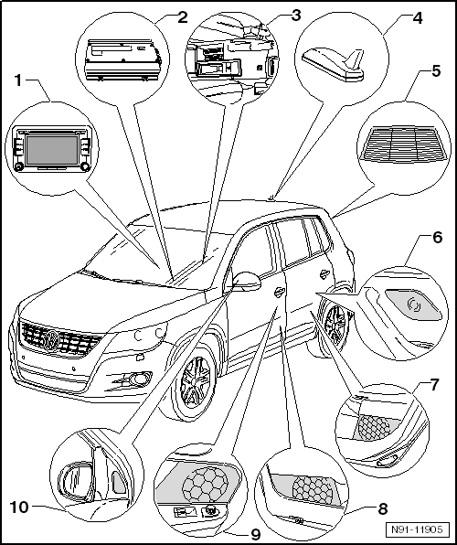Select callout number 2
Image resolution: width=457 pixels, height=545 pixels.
(x=157, y=16)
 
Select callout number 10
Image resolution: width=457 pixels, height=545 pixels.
(x=17, y=507)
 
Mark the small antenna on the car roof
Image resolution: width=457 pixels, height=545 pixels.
(x=272, y=195)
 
